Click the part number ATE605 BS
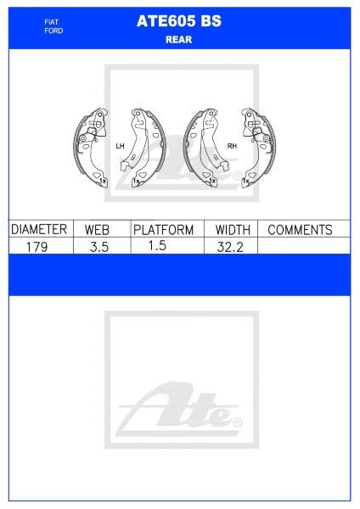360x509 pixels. [x=178, y=24]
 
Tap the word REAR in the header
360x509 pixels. [x=178, y=39]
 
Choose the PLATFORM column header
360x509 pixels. [x=163, y=230]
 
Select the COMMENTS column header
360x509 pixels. [x=299, y=230]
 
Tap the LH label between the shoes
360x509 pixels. [x=119, y=147]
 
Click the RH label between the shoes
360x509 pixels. [x=231, y=147]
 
